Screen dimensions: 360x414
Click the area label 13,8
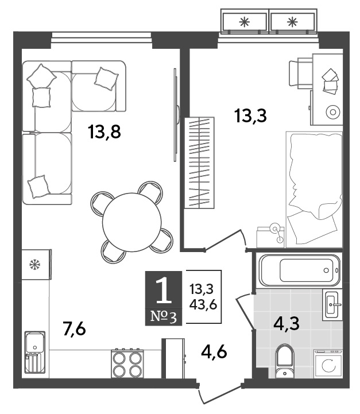pos(105,131)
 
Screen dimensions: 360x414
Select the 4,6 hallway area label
pos(214,352)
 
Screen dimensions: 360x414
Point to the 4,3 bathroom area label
pos(287,323)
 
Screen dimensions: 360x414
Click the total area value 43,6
pos(203,305)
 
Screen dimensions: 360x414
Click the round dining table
pos(131,222)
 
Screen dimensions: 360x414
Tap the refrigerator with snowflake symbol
pos(36,264)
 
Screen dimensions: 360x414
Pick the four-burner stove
pos(127,363)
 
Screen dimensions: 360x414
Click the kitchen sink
pos(35,352)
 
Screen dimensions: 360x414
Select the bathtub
pos(300,270)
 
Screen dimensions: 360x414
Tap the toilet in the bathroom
pos(284,361)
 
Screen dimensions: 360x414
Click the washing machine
pos(328,364)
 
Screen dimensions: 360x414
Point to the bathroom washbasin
pos(332,305)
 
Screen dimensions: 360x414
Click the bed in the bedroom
pos(314,189)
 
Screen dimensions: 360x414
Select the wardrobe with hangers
pos(199,162)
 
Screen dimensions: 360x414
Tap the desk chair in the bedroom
pos(301,73)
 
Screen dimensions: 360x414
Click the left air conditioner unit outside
pos(245,22)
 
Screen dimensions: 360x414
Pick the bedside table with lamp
pos(270,237)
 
